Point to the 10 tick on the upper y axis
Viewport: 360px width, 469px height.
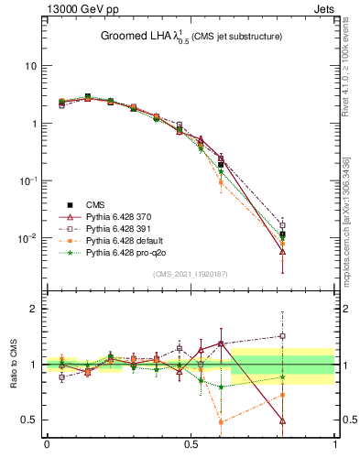(x=30, y=66)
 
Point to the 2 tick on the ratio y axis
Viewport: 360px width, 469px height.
(x=33, y=309)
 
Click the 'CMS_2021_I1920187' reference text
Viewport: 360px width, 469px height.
(x=191, y=274)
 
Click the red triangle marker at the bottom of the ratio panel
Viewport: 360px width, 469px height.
(x=282, y=421)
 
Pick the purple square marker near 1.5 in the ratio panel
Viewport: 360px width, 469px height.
(x=282, y=336)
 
